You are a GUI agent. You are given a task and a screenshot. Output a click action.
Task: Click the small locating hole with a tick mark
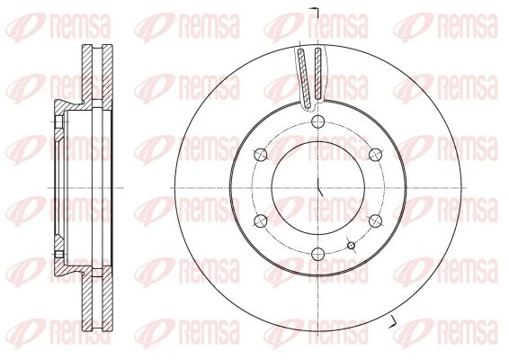coord(352,244)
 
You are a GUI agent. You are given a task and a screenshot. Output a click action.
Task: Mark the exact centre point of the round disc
coord(319,188)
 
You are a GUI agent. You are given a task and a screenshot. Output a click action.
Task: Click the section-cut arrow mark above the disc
coord(315,10)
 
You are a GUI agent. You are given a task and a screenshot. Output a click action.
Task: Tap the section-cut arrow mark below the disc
coord(393,321)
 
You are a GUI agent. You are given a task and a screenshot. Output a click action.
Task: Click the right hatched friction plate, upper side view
coord(108,72)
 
